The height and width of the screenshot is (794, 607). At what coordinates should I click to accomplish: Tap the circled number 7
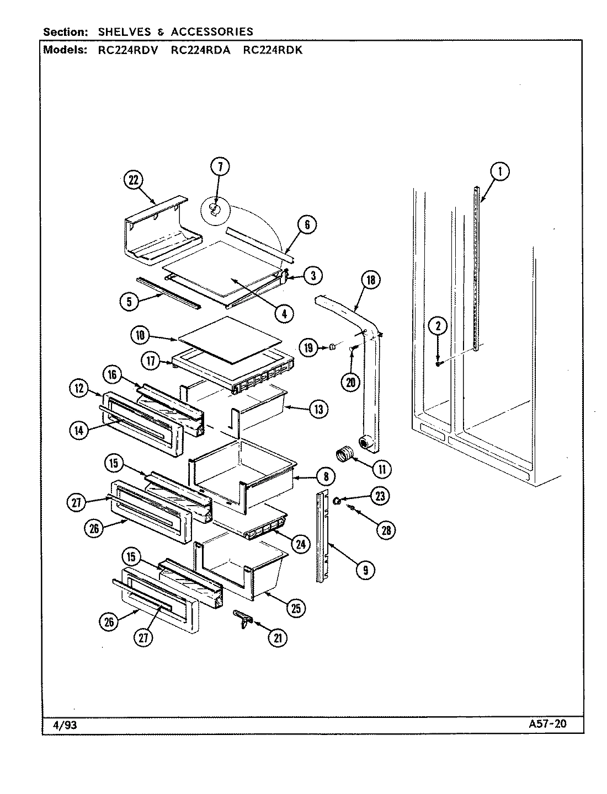click(220, 166)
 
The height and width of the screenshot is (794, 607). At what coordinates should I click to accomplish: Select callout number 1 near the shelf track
click(500, 172)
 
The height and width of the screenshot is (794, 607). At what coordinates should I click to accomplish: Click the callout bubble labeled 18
click(370, 280)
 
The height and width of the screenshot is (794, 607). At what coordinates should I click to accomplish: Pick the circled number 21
click(278, 638)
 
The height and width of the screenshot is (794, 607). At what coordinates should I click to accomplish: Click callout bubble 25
click(296, 608)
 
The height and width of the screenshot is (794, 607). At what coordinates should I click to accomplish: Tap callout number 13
click(319, 409)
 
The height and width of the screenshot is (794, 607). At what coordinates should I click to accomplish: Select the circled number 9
click(365, 569)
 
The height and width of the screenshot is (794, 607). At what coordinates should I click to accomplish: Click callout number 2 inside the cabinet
click(438, 326)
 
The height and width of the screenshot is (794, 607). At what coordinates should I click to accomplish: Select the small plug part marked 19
click(332, 346)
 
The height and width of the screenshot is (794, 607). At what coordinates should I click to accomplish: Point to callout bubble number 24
click(300, 544)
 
